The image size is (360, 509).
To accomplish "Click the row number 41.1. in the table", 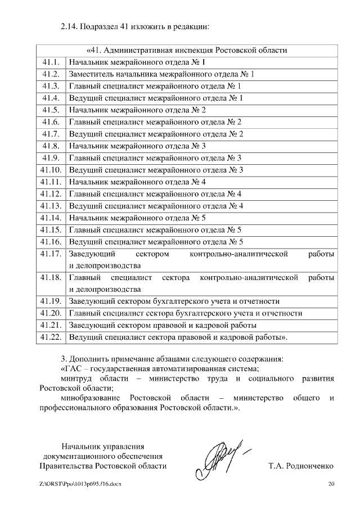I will point(51,62).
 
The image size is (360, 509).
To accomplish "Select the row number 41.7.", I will point(51,134).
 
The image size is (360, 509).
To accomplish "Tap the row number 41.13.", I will point(51,206).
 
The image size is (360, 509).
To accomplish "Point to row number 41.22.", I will point(51,337).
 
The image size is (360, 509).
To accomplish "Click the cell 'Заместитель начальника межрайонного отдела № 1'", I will point(161,74).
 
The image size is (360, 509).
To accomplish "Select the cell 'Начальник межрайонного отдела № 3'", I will point(137,146).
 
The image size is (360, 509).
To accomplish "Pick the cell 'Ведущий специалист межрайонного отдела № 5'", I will point(156,242).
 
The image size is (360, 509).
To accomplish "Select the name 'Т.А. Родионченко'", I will point(301,466).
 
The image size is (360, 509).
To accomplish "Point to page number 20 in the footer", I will point(331,484).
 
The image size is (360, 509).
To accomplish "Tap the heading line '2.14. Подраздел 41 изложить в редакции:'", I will point(135,26).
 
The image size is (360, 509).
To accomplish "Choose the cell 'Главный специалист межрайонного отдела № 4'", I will point(155,194).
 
